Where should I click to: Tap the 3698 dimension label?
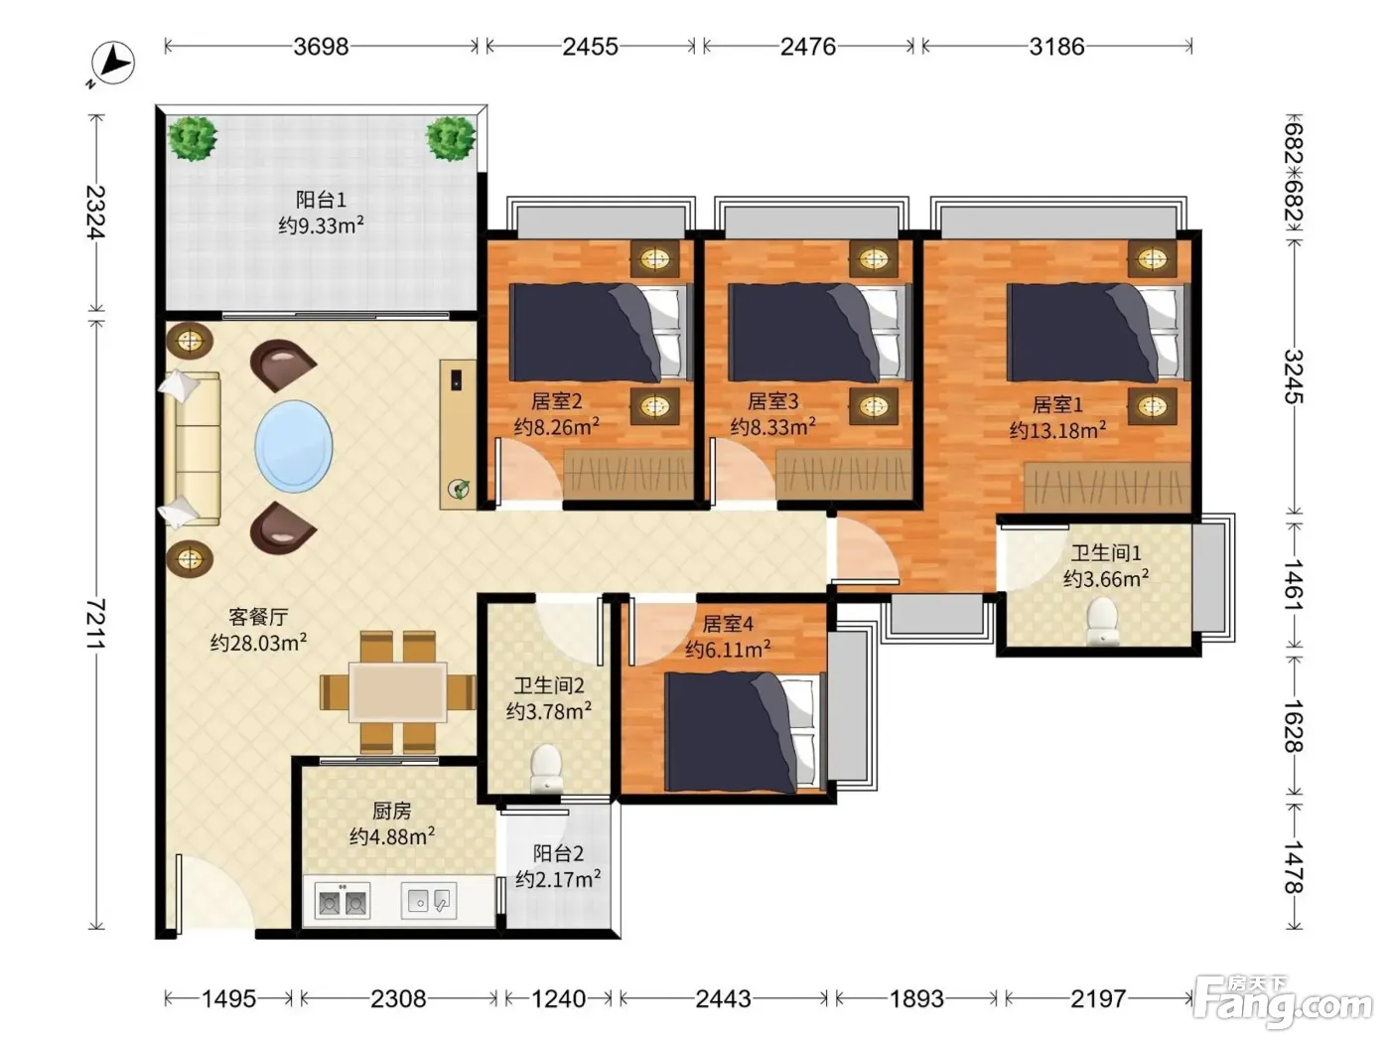(x=321, y=47)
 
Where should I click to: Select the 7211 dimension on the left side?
(x=95, y=624)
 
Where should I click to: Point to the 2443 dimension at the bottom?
(x=723, y=998)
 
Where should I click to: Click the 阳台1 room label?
(x=321, y=200)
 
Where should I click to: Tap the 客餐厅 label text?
(x=258, y=617)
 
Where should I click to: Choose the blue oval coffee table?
(x=294, y=446)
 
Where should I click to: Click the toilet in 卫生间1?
(x=1102, y=623)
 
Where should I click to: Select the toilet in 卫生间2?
(x=546, y=768)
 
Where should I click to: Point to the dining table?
(x=398, y=691)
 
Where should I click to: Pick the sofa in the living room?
(x=193, y=449)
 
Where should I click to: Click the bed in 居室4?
(x=745, y=732)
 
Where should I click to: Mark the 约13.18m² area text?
(x=1057, y=430)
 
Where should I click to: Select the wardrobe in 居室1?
(x=1107, y=488)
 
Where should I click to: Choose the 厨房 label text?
(x=392, y=812)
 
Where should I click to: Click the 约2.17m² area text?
(x=558, y=880)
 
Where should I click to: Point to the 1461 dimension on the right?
(x=1292, y=584)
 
